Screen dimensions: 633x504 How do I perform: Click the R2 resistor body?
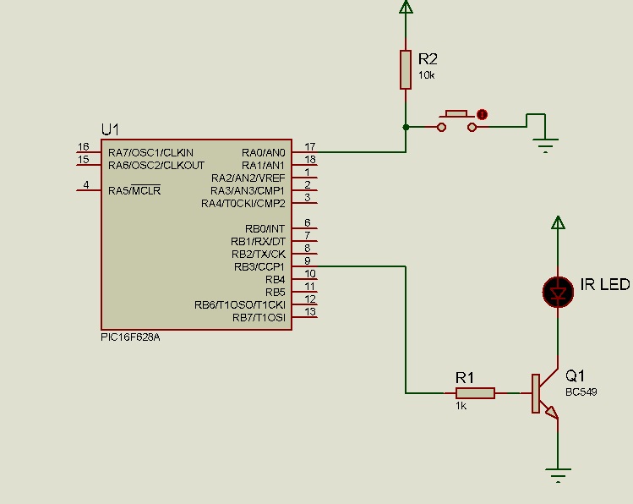tap(406, 69)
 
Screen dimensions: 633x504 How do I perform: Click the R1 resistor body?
tap(475, 393)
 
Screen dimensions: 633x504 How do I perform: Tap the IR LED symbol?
tap(558, 292)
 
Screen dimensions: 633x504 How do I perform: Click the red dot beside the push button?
tap(482, 115)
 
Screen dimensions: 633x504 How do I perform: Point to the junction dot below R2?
tap(406, 127)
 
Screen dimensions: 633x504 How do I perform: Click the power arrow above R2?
tap(406, 7)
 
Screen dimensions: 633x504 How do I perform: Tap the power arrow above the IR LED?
tap(558, 222)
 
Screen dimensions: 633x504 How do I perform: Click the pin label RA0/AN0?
tap(263, 153)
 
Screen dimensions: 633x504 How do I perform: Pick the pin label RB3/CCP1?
tap(259, 267)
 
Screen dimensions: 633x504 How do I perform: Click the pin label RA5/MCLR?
tap(134, 190)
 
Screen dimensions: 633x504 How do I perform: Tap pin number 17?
tap(310, 146)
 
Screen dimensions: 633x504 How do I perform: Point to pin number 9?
tap(308, 261)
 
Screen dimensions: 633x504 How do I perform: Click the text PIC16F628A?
tap(130, 337)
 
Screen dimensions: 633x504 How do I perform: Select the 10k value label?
tap(426, 75)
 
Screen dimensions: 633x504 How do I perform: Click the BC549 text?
tap(581, 392)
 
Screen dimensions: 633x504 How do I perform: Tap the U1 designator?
tap(110, 129)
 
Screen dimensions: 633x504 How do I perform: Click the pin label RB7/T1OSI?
tap(259, 318)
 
